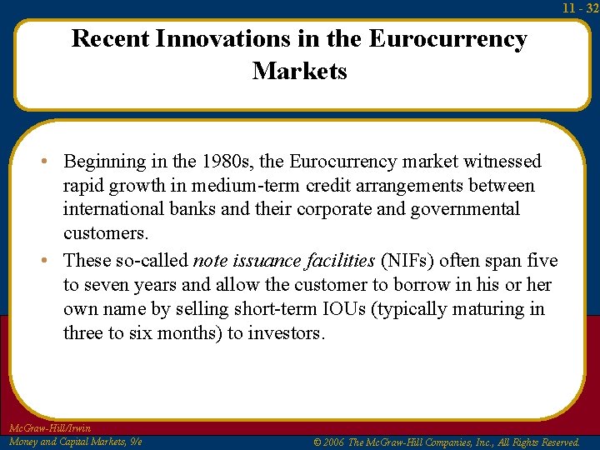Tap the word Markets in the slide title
(299, 71)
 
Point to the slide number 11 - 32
(580, 7)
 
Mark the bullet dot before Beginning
(52, 161)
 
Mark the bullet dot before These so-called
(52, 260)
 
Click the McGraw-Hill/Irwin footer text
(49, 428)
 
